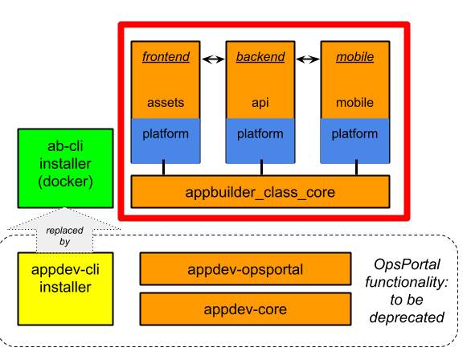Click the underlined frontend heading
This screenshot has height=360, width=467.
[166, 57]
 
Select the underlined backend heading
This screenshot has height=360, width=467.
[260, 57]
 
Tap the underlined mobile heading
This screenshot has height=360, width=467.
[354, 57]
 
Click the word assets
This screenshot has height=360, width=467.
[166, 103]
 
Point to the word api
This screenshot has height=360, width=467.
[260, 103]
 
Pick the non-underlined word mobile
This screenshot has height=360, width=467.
[354, 103]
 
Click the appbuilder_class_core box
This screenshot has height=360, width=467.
[260, 192]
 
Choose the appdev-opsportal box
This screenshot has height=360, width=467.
[245, 269]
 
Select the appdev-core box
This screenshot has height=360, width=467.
[245, 309]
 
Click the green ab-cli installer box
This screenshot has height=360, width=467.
[65, 168]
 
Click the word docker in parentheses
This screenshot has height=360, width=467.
[65, 182]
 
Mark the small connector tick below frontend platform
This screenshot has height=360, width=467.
[164, 162]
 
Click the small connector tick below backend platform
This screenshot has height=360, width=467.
[258, 162]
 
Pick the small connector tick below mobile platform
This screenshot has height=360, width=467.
[353, 162]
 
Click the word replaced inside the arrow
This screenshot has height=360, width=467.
[65, 230]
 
